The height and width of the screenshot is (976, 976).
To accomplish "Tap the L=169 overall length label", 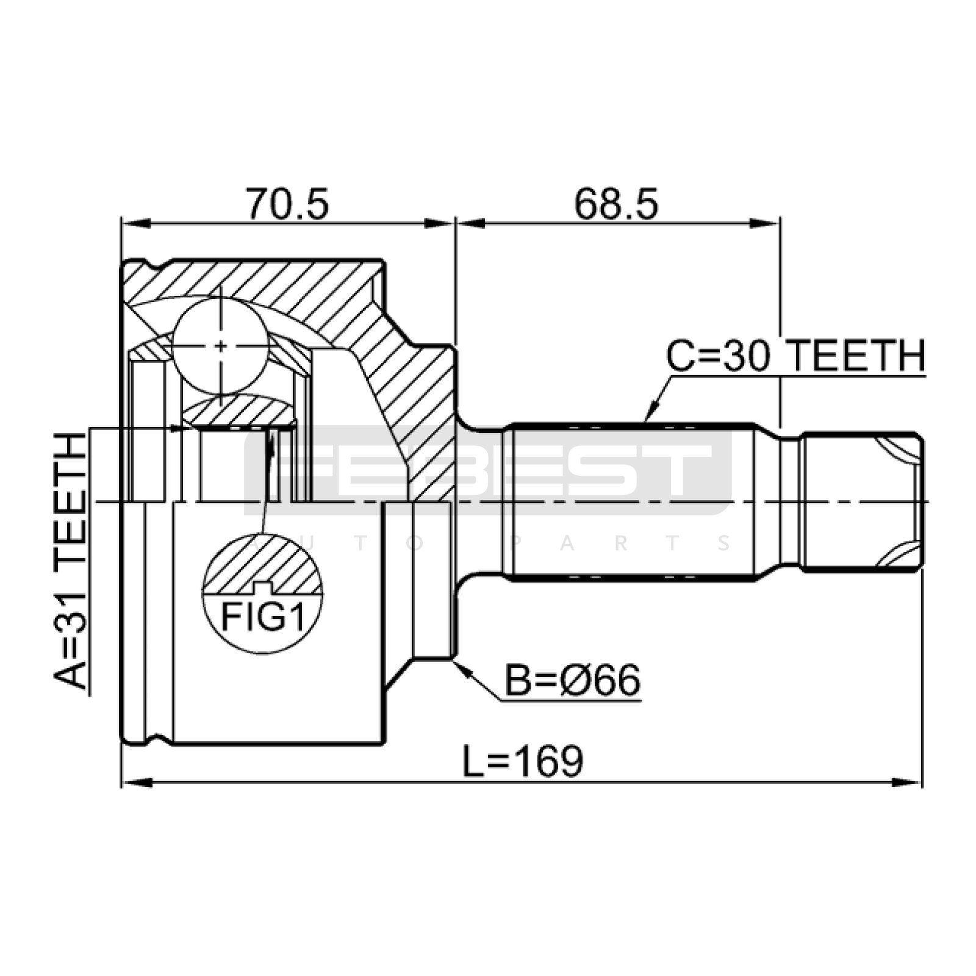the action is (x=523, y=761).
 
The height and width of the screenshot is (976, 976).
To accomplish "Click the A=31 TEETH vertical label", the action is (x=71, y=561).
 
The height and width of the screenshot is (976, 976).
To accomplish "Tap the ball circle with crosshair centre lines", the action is (x=221, y=346).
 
